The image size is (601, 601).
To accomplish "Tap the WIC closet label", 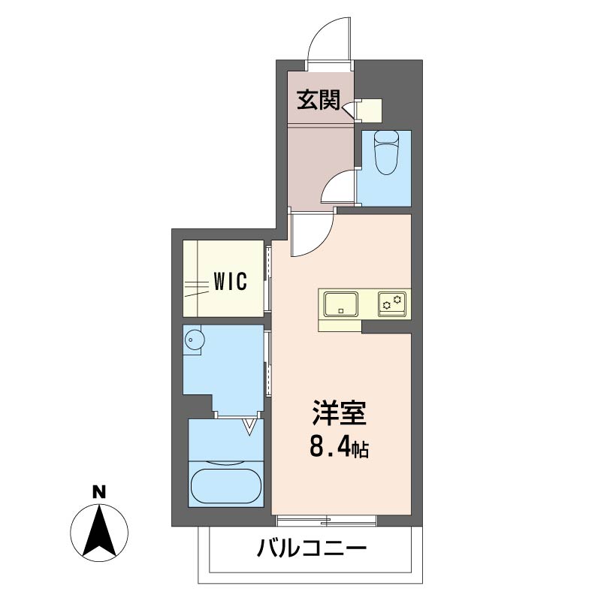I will [231, 282].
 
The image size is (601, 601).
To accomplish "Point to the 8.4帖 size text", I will [339, 448].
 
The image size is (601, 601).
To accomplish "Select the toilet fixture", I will [385, 152].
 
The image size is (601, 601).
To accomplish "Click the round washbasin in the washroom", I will [195, 340].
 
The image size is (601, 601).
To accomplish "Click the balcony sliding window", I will [326, 520].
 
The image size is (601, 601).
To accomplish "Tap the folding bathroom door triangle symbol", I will [249, 428].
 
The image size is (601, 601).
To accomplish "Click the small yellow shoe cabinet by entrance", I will [370, 110].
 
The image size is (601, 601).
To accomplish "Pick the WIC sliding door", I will [268, 276].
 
